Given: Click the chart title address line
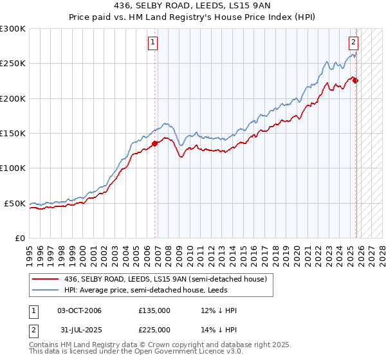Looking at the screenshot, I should coord(193,6).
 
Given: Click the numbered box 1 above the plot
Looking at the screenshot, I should coord(154,43).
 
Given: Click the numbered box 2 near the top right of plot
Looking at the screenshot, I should coord(353,43).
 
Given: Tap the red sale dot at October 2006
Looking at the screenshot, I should coord(155,144).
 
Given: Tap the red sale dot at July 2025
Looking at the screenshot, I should coord(356,81).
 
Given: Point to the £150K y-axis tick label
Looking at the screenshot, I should coord(13,134).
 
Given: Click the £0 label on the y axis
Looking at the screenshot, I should coord(19,238).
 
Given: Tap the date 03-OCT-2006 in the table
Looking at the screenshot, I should coord(79,310).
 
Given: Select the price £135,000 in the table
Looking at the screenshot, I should coord(154,310).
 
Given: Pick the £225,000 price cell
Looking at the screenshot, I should coord(154,330).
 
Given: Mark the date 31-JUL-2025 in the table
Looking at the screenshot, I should coord(78,330).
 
